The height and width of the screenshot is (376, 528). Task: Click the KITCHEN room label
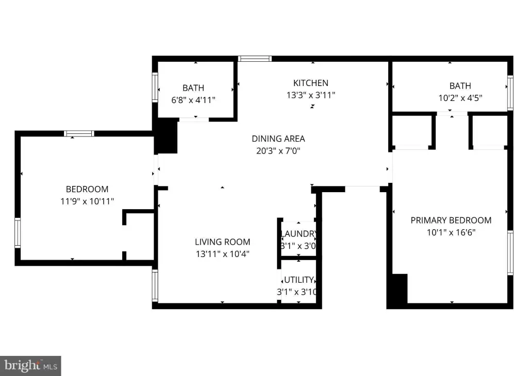tap(310, 83)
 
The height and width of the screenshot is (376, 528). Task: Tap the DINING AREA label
tap(278, 139)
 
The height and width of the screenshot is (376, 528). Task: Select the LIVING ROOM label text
tap(222, 242)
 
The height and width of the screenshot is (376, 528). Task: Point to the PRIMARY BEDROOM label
tap(451, 220)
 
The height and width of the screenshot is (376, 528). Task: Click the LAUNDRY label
tap(299, 234)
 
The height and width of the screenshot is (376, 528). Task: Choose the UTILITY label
tap(299, 280)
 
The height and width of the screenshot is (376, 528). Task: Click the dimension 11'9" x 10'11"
tap(87, 201)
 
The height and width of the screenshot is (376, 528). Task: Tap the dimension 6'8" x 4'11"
tap(193, 100)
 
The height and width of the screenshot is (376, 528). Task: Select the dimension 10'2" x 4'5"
tap(460, 98)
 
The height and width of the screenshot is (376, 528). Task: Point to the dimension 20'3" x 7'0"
tap(278, 151)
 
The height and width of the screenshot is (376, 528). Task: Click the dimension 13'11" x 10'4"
tap(223, 254)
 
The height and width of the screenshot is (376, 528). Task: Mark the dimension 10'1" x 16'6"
tap(451, 232)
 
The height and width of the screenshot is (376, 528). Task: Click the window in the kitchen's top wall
tap(255, 59)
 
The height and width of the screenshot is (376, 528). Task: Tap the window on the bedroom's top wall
tap(79, 133)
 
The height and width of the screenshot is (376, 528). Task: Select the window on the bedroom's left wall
tap(18, 233)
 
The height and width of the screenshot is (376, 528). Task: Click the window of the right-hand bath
tap(510, 93)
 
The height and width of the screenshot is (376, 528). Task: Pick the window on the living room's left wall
tap(155, 285)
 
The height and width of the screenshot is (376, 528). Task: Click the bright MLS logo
tap(30, 366)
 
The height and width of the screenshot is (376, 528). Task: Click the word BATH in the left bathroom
tap(193, 88)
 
